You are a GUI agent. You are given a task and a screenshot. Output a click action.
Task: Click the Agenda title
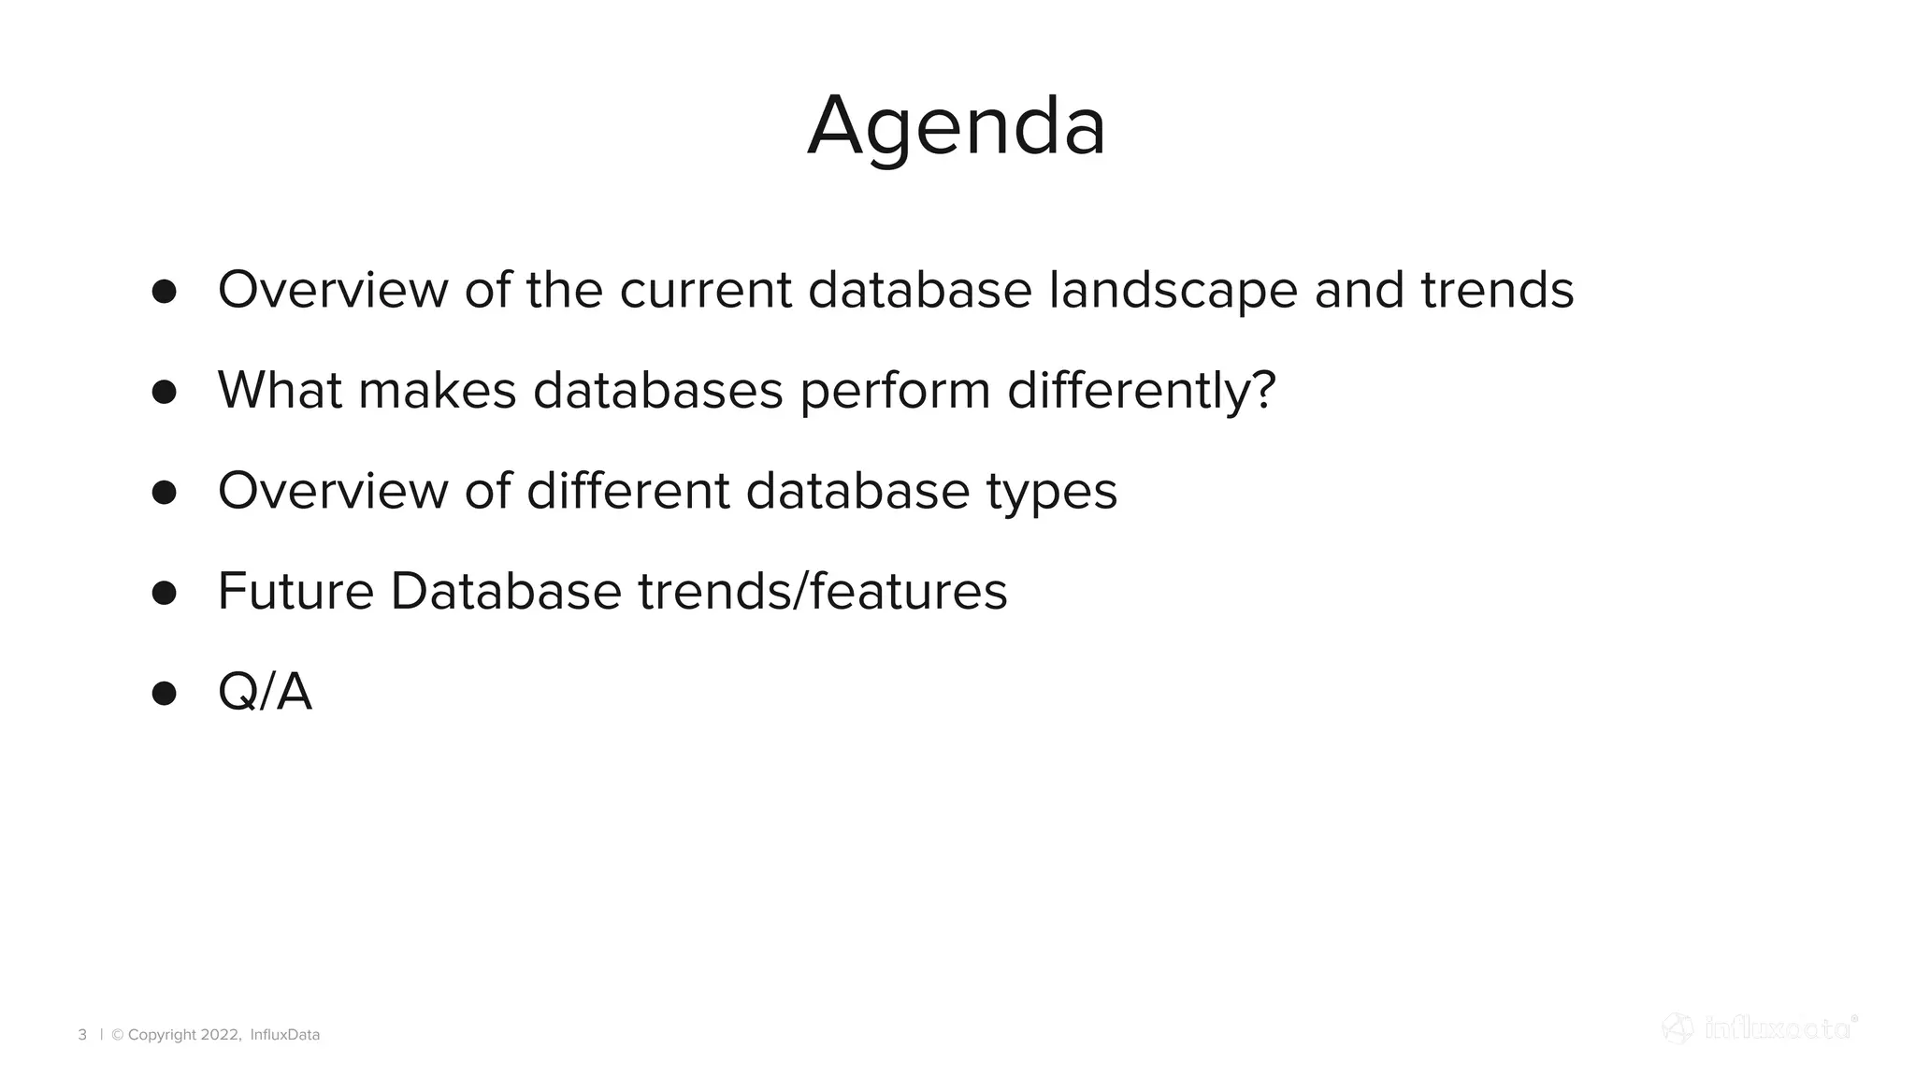point(957,127)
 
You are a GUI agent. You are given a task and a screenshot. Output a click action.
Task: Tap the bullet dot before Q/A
point(164,693)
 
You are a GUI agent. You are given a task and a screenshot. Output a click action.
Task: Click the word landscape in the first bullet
point(1173,290)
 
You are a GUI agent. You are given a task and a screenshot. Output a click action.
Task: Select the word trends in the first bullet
point(1497,290)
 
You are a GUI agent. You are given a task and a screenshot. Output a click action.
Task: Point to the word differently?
point(1141,390)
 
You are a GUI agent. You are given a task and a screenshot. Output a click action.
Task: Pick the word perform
point(895,390)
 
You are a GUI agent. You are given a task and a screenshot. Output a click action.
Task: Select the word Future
point(295,592)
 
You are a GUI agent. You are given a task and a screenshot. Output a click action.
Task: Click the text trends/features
point(822,592)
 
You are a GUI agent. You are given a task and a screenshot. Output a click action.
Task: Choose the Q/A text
point(265,693)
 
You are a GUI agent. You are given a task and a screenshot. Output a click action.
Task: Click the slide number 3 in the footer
point(82,1034)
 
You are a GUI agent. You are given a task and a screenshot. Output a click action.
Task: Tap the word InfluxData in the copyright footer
point(285,1034)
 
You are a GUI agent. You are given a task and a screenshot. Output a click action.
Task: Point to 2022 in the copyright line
point(220,1034)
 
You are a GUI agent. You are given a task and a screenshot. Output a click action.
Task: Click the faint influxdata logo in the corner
point(1759,1028)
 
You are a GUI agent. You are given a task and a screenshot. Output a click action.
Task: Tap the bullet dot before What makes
point(164,391)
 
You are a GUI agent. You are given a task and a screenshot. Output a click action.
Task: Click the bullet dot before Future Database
point(164,593)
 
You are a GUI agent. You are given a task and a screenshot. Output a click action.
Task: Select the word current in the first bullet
point(705,290)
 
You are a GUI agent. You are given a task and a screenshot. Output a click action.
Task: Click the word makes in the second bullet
point(437,390)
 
